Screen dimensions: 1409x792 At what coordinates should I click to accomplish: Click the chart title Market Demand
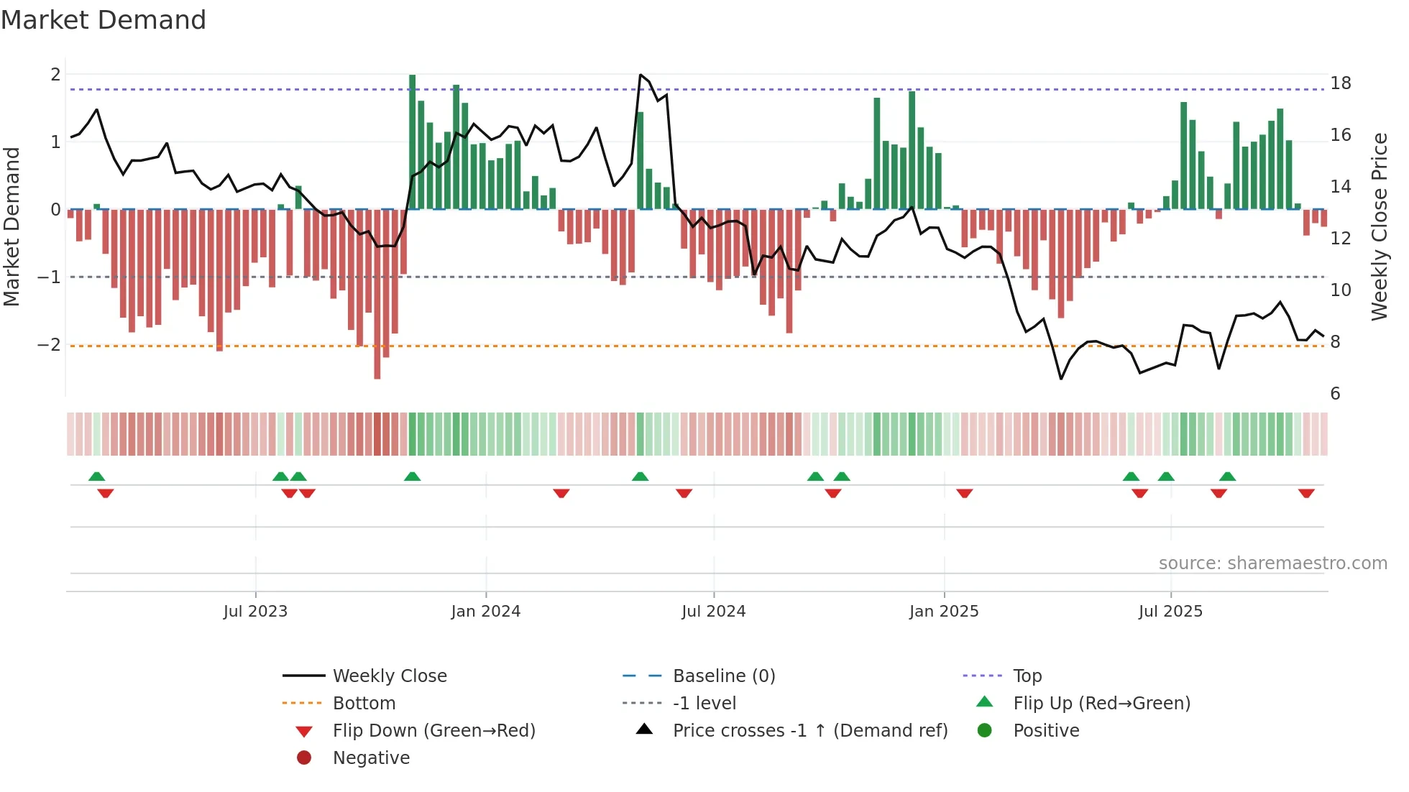coord(104,20)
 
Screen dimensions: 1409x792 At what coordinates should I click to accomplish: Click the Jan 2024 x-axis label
coord(485,612)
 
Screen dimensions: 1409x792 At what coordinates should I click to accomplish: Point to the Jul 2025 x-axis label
coord(1170,612)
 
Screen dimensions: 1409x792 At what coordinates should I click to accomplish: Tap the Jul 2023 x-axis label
coord(255,612)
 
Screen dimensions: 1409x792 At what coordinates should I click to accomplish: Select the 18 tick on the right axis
coord(1340,83)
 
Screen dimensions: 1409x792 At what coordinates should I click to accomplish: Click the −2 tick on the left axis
coord(49,345)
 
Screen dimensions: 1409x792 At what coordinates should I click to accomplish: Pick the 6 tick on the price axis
coord(1335,394)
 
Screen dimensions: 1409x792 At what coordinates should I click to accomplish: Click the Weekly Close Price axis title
coord(1379,226)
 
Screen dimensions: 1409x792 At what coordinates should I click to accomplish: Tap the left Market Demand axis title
coord(12,226)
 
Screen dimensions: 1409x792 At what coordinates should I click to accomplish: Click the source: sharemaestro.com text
coord(1272,563)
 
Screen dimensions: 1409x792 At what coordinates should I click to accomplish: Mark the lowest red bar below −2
coord(377,295)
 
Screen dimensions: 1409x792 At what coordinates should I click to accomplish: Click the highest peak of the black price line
coord(641,75)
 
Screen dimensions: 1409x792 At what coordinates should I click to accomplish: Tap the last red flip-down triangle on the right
coord(1306,493)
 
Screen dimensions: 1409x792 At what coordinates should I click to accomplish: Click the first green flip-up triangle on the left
coord(96,476)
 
